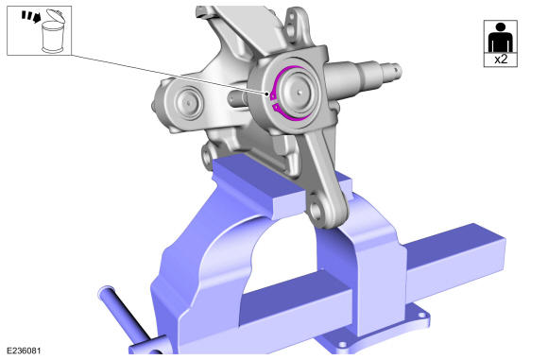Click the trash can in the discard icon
click(52, 37)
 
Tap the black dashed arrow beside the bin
click(31, 16)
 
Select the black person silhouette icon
click(501, 38)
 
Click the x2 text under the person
click(501, 60)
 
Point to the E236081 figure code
click(24, 351)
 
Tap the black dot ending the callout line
click(267, 94)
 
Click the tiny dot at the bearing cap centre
click(300, 93)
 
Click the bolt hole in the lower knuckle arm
click(316, 210)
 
